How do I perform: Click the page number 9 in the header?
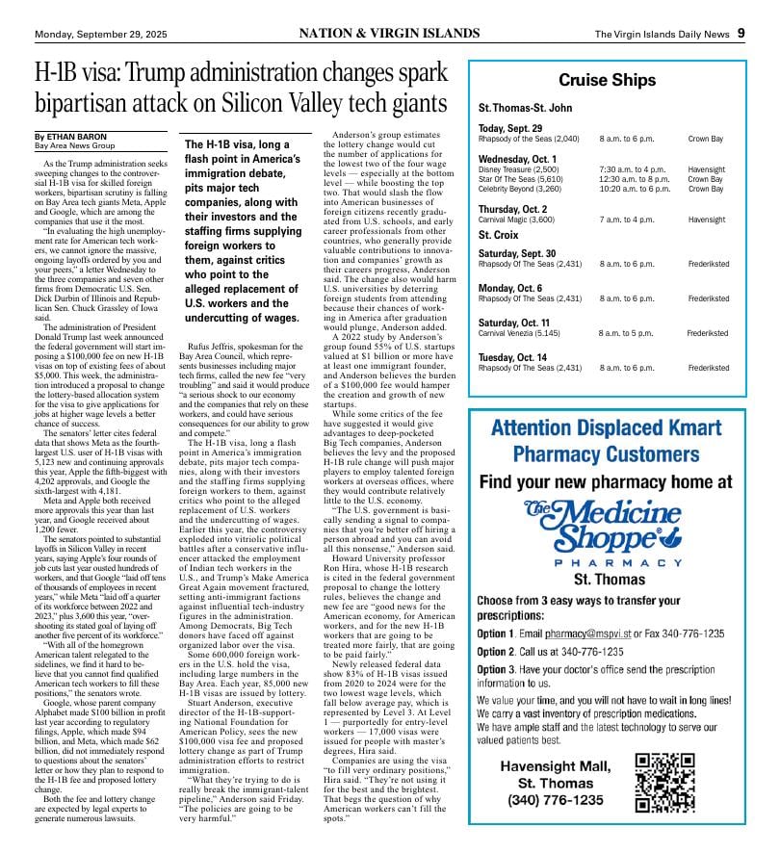741,34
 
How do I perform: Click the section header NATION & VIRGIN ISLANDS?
389,34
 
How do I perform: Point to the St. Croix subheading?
499,234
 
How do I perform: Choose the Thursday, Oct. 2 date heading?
512,209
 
